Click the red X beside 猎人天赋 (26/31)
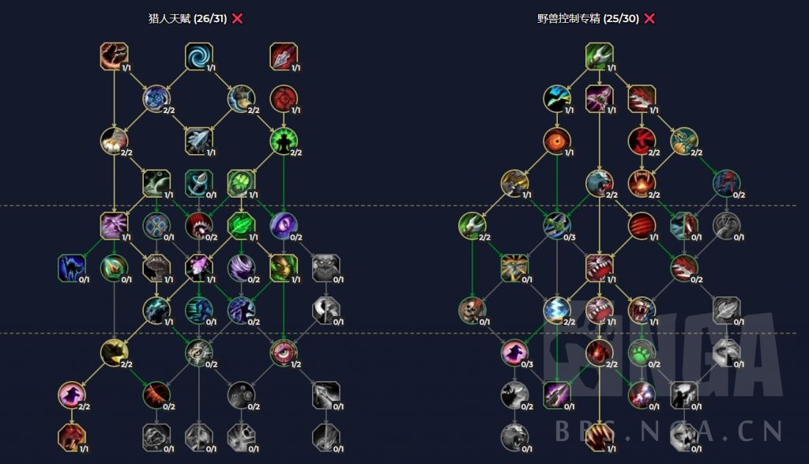237,19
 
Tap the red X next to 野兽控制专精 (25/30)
649,19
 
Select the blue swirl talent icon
198,56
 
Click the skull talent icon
472,310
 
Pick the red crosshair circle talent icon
283,98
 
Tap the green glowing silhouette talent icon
283,141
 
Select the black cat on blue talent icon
71,267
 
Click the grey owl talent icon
325,267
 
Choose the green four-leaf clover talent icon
240,183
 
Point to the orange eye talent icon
556,141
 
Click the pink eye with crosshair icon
283,352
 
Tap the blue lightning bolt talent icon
556,310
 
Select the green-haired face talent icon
283,267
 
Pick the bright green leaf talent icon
240,225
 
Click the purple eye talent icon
283,225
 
